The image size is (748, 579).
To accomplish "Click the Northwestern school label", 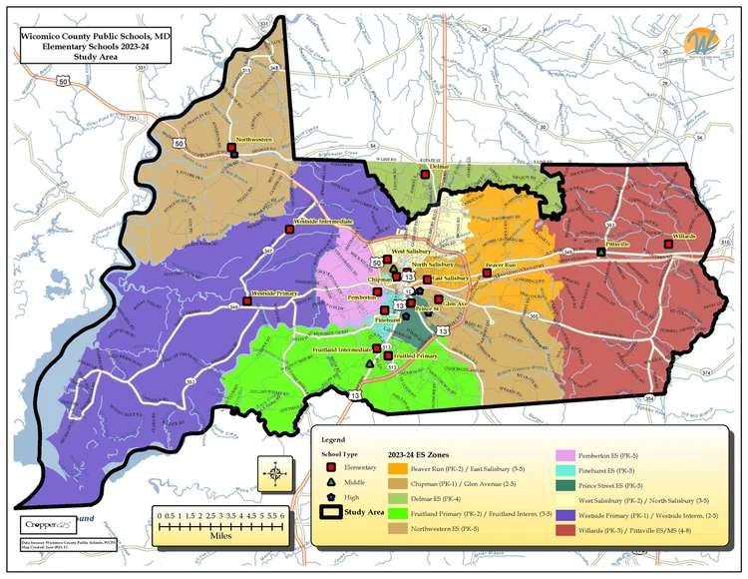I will (x=253, y=140).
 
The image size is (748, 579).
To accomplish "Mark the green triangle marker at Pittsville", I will (x=600, y=253).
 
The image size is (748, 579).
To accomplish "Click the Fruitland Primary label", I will (x=418, y=355).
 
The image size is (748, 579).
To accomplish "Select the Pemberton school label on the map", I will (x=361, y=297).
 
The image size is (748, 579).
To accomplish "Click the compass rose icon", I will (x=274, y=470).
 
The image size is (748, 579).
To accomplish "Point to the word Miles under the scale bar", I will (x=221, y=533).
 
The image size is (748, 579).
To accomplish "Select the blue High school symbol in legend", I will (x=330, y=496).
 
